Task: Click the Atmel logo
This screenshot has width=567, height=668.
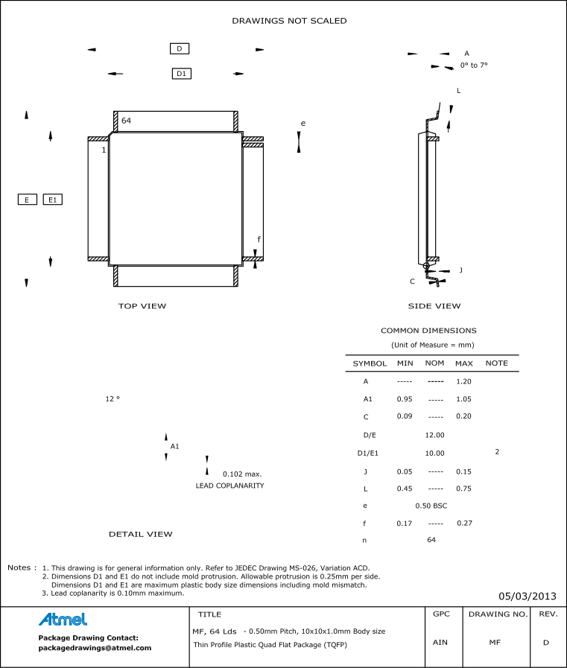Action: click(x=63, y=620)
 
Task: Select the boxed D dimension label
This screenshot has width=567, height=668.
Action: click(x=180, y=48)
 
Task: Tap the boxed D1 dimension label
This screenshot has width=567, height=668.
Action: click(x=182, y=74)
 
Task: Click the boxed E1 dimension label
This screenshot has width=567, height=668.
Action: click(x=52, y=200)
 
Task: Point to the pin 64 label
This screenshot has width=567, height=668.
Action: click(x=126, y=121)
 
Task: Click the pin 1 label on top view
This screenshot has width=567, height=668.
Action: click(x=104, y=150)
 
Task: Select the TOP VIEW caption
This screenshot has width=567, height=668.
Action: click(x=142, y=306)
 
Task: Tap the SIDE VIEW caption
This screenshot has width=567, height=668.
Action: click(x=434, y=306)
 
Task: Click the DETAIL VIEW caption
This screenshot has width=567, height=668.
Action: click(x=140, y=534)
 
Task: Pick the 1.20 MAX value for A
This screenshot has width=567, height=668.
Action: click(x=463, y=381)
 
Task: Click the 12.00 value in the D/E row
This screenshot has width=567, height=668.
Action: click(x=434, y=435)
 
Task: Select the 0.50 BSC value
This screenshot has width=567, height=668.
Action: click(x=431, y=506)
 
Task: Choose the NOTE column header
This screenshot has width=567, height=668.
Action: click(x=496, y=363)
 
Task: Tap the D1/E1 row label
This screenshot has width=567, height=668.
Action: click(x=368, y=453)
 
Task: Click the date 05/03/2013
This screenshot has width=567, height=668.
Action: click(x=528, y=596)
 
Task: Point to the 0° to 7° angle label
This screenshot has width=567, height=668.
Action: click(x=473, y=66)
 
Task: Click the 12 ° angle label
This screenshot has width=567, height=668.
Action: click(x=113, y=399)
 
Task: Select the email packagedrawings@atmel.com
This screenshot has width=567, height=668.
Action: click(x=95, y=648)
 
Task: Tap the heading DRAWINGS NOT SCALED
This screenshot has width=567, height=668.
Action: click(x=289, y=21)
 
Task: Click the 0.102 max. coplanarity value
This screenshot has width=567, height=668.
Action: click(x=242, y=474)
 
